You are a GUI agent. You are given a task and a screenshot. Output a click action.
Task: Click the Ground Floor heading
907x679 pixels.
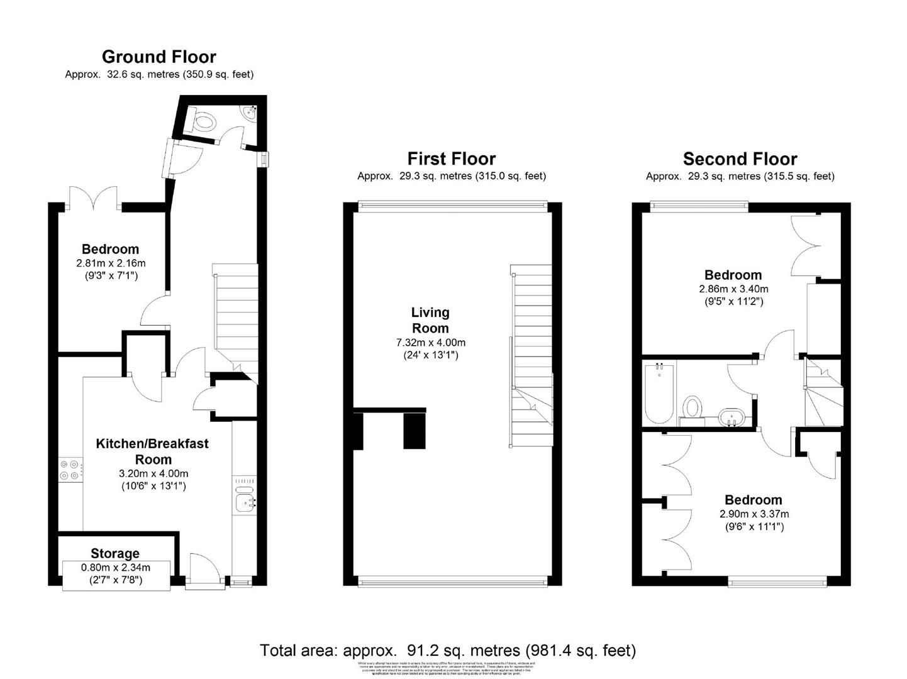pos(159,57)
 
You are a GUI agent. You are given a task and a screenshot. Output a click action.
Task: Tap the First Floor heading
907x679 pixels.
pos(451,158)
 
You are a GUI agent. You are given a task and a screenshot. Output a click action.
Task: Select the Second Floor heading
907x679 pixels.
pos(740,158)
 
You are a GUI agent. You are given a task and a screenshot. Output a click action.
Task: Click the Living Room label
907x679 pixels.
pos(430,320)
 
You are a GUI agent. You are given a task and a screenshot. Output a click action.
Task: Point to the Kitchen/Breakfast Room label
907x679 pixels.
pos(152,451)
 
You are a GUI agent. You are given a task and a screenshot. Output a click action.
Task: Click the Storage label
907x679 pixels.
pos(115,553)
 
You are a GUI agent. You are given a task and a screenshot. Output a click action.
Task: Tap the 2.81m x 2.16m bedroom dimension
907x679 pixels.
pos(111,263)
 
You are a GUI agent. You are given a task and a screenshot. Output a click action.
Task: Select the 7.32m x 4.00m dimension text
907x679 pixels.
pos(430,343)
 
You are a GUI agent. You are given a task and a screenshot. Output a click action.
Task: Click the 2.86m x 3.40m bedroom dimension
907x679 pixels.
pos(733,289)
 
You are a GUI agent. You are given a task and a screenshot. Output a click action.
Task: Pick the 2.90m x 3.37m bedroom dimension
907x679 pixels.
pos(754,514)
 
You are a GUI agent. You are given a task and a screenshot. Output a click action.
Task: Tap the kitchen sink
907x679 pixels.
pos(245,501)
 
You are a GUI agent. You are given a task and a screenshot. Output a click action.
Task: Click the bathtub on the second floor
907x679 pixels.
pos(659,393)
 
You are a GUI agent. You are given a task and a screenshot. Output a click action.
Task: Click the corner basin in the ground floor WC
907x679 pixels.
pos(250,112)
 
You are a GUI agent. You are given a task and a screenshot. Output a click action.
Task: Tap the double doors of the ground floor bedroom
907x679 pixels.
pos(94,197)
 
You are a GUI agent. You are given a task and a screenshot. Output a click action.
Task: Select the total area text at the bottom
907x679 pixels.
pos(448,650)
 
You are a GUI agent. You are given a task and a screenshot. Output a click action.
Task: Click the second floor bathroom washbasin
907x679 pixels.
pos(732,417)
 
